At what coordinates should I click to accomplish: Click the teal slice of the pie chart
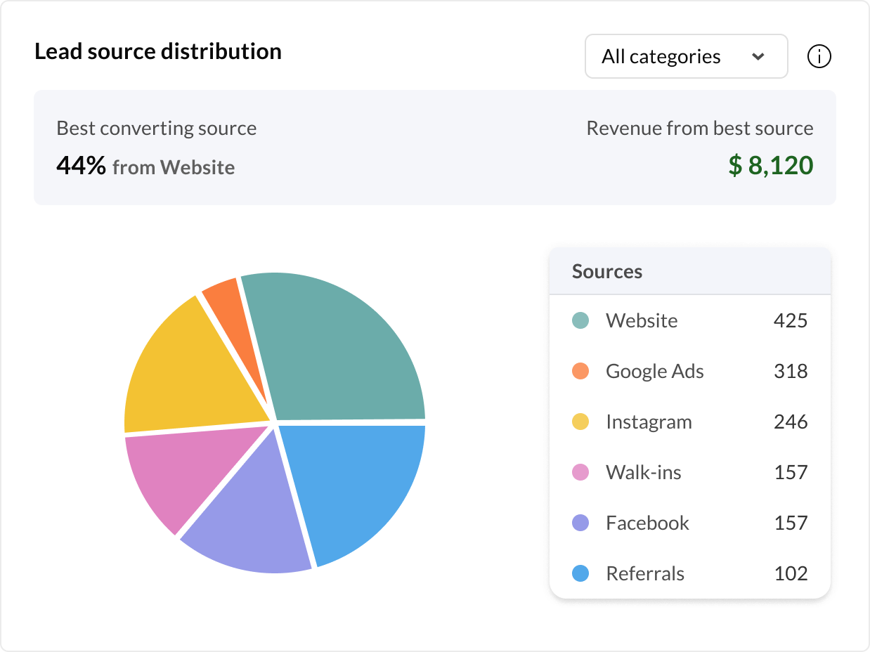coord(337,344)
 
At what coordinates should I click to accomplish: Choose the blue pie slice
coord(358,485)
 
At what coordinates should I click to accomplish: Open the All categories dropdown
coord(686,56)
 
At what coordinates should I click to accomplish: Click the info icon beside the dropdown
coord(819,56)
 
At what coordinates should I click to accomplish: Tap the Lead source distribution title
coord(158,51)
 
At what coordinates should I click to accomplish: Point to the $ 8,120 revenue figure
coord(771,165)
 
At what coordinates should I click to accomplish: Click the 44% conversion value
coord(82,167)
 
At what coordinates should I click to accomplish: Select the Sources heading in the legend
coord(607,272)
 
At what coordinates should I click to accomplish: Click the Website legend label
coord(642,321)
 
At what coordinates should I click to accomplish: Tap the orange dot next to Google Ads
coord(580,371)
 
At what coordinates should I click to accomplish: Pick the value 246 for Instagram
coord(791,422)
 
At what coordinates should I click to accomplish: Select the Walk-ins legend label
coord(644,472)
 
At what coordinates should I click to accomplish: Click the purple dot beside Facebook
coord(580,523)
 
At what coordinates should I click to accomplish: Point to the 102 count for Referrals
coord(791,573)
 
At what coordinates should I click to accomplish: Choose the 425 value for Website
coord(791,321)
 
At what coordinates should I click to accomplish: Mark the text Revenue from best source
coord(700,129)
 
